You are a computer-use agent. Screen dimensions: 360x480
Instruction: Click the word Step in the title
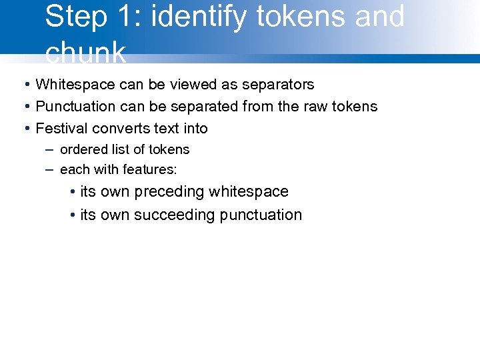[x=75, y=17]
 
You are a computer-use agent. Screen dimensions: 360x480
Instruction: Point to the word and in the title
[x=379, y=17]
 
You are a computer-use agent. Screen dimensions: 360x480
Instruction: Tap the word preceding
[x=169, y=192]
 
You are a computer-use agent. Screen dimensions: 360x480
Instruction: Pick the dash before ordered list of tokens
[x=49, y=149]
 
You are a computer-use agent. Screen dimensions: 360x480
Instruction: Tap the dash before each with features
[x=49, y=169]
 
